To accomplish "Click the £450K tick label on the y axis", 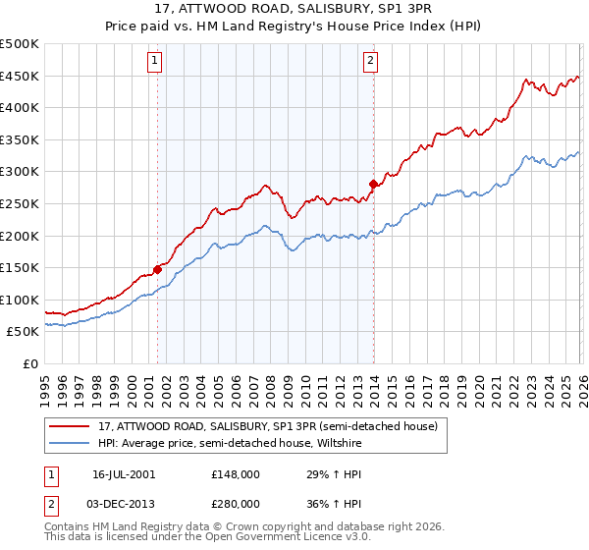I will coord(20,76).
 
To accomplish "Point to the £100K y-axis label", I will coord(20,300).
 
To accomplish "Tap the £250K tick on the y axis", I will coord(20,203).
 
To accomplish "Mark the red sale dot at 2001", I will coord(157,268).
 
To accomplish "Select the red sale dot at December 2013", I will coord(373,184).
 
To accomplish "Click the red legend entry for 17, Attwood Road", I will coord(274,425).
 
